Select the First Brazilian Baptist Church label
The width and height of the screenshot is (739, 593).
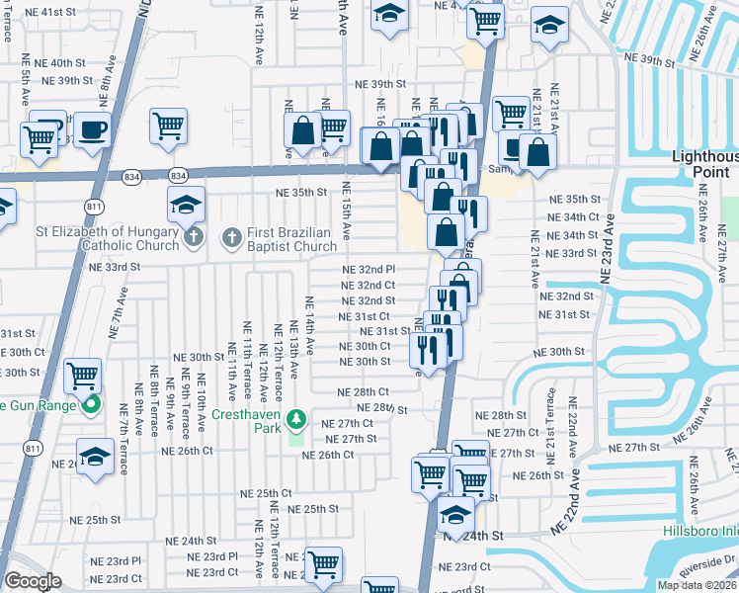[x=287, y=239]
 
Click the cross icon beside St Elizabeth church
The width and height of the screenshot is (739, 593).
[x=194, y=236]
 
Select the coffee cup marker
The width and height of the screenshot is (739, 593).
[x=92, y=128]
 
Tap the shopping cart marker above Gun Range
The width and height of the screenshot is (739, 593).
[x=83, y=375]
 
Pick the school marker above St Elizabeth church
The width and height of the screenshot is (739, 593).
[x=186, y=205]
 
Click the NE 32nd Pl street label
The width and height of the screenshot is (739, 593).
[x=369, y=269]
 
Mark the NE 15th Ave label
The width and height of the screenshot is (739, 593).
[x=346, y=211]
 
